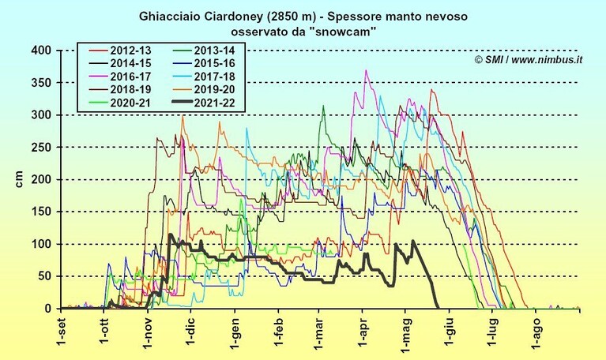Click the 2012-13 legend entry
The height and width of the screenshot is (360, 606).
point(120,51)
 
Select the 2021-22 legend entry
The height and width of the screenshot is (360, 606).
point(204,103)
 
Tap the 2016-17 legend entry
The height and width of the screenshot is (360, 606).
point(120,77)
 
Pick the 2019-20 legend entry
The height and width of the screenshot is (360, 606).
point(204,90)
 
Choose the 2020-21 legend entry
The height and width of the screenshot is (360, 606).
point(120,103)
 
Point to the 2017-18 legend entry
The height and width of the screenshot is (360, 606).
point(204,77)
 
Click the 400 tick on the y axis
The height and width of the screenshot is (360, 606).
point(41,51)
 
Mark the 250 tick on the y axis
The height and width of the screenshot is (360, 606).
point(41,147)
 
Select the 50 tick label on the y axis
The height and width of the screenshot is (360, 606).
point(45,276)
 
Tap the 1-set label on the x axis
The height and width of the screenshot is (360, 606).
point(62,330)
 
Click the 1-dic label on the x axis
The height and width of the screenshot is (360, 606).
point(191,330)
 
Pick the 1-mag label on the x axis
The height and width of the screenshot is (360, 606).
point(407,332)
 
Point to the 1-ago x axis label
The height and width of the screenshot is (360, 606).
point(536,332)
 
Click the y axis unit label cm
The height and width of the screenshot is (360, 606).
point(19,179)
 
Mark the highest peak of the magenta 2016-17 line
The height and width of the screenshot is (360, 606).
point(366,70)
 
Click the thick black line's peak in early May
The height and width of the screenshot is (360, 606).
point(413,241)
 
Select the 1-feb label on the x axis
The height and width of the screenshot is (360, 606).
point(278,331)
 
